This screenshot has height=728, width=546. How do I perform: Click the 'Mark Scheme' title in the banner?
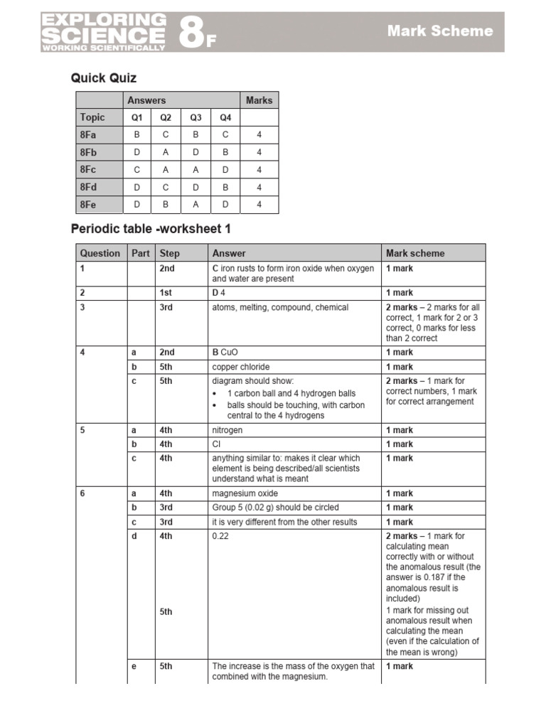coord(439,31)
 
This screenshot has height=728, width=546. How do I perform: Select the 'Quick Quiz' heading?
coord(104,78)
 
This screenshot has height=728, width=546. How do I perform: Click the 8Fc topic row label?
coord(88,170)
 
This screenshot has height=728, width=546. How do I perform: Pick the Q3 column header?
coord(196,118)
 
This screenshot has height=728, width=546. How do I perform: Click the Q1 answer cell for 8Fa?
coord(136,135)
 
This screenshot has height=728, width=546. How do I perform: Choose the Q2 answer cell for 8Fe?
coord(166,205)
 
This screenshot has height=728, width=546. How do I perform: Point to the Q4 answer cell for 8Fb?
coord(225,152)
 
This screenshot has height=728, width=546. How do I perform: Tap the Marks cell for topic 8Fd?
coord(259,188)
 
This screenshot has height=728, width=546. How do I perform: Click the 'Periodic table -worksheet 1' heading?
coord(151,229)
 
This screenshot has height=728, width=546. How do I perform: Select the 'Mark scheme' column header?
coord(415,253)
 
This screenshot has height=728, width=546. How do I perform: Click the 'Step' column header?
coord(170,253)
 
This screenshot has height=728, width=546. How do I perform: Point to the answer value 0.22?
coord(221,536)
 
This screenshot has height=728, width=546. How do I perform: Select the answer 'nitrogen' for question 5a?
coord(227,430)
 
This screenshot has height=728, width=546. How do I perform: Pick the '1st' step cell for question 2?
coord(166,293)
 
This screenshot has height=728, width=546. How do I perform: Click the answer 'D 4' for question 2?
coord(218,293)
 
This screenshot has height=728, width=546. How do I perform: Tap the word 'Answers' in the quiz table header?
coord(146,100)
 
